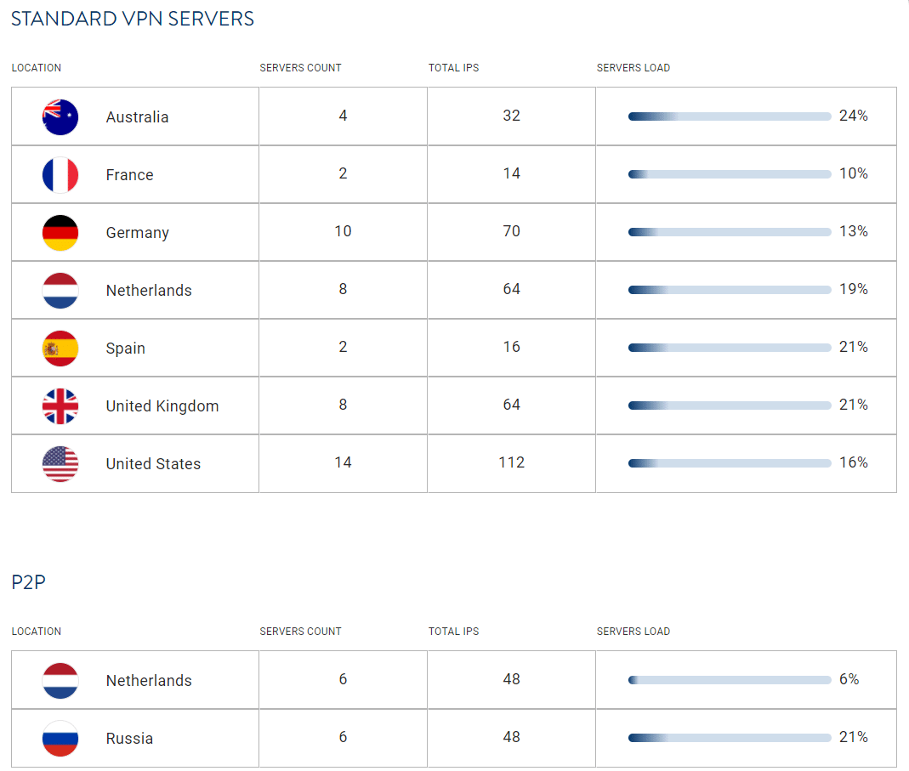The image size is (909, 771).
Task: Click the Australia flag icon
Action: pos(60,117)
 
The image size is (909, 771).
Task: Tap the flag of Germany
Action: pos(60,233)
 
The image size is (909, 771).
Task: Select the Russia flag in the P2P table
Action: pos(60,738)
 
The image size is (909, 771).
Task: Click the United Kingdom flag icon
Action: pos(60,406)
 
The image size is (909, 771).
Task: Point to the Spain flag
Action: pos(60,349)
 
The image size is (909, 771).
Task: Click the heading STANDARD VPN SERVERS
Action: pos(133,19)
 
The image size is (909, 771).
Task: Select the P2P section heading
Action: pos(28,582)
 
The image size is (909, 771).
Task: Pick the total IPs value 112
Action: pos(511,462)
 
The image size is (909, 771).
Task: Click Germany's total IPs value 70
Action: pos(511,231)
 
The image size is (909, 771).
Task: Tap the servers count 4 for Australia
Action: pos(343,116)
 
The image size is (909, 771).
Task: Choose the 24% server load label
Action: pos(853,116)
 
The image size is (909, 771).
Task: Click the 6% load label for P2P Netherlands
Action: pos(849,679)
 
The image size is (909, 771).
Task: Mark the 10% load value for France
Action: pos(853,173)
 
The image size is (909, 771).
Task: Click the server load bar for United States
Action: pos(729,463)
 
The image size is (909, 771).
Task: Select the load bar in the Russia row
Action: pos(729,738)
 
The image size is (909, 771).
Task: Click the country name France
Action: pos(129,175)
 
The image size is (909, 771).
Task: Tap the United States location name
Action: pos(153,464)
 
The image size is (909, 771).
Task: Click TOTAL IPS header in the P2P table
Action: pos(453,632)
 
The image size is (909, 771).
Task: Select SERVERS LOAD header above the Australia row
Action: pos(633,68)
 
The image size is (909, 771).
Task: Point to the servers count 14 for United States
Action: pos(343,462)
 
